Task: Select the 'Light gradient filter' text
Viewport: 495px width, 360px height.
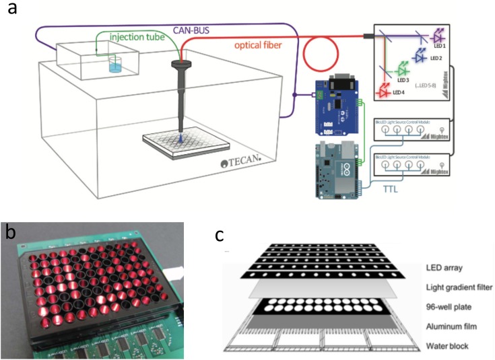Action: coord(460,288)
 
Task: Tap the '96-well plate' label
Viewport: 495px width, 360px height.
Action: coord(448,307)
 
